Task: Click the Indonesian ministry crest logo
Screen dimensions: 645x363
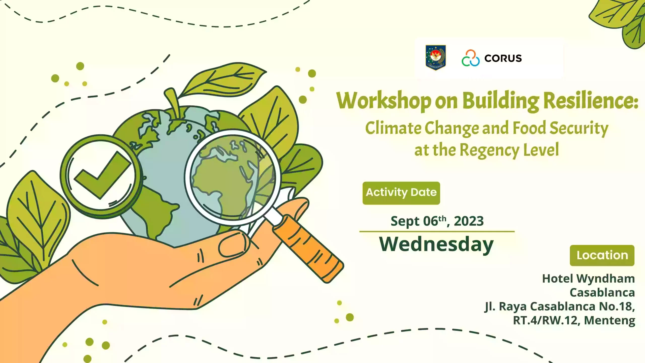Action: pyautogui.click(x=436, y=57)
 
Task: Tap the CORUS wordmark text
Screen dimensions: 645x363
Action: pyautogui.click(x=503, y=58)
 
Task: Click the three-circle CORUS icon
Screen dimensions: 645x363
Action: pyautogui.click(x=470, y=58)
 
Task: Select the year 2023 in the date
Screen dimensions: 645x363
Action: pyautogui.click(x=469, y=221)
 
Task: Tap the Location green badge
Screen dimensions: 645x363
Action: pyautogui.click(x=602, y=255)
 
